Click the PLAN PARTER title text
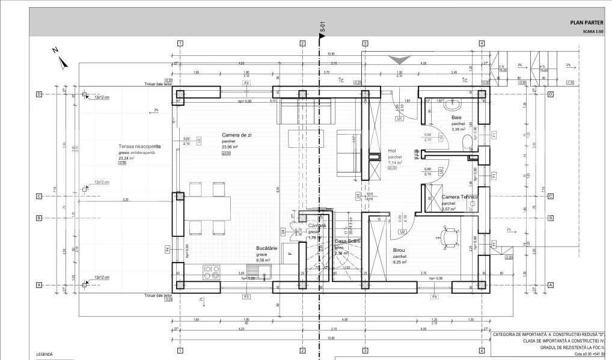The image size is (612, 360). click(x=586, y=22)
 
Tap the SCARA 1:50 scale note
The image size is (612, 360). click(x=593, y=31)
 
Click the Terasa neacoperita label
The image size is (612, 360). click(x=139, y=147)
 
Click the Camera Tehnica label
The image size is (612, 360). click(x=459, y=197)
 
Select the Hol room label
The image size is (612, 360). click(x=392, y=151)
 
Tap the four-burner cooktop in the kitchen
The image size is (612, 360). click(x=211, y=272)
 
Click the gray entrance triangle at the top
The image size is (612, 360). click(x=399, y=59)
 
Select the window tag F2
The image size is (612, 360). click(x=246, y=82)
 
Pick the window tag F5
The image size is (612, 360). click(x=433, y=296)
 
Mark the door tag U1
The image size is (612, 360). click(x=399, y=119)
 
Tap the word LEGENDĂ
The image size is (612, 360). click(x=45, y=355)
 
